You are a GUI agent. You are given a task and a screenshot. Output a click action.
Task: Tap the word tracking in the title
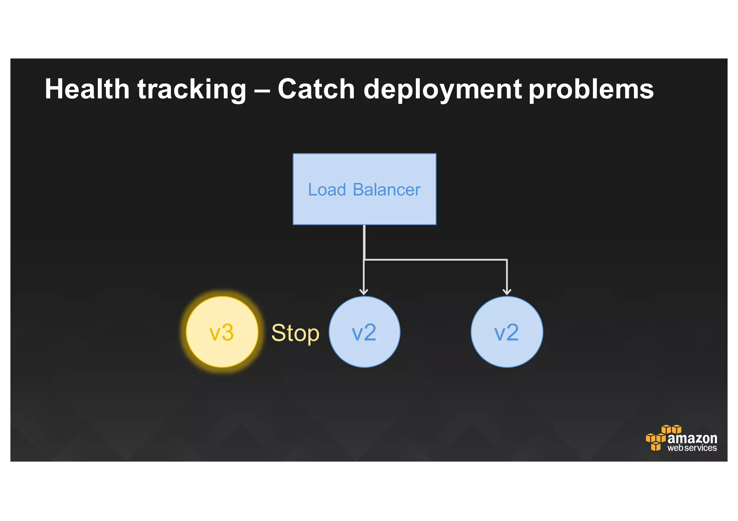pos(192,90)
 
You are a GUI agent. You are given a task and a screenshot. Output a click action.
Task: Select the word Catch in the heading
pos(316,89)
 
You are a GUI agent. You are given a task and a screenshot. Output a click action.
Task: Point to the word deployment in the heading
pos(443,90)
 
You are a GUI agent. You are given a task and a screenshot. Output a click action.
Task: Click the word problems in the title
pos(591,90)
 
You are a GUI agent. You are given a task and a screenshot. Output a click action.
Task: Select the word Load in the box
pos(327,190)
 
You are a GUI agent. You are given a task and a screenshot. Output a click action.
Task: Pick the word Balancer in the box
pos(387,190)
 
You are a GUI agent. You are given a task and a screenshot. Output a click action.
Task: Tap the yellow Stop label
pos(295,333)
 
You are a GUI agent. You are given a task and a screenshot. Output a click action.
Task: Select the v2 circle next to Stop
pos(364,332)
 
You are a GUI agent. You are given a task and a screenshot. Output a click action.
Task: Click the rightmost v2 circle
pos(507,332)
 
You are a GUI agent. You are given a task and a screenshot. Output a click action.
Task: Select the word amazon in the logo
pos(692,438)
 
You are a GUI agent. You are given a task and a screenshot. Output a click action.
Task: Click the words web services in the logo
pos(692,448)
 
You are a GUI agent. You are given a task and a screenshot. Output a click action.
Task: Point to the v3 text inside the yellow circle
pos(222,333)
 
